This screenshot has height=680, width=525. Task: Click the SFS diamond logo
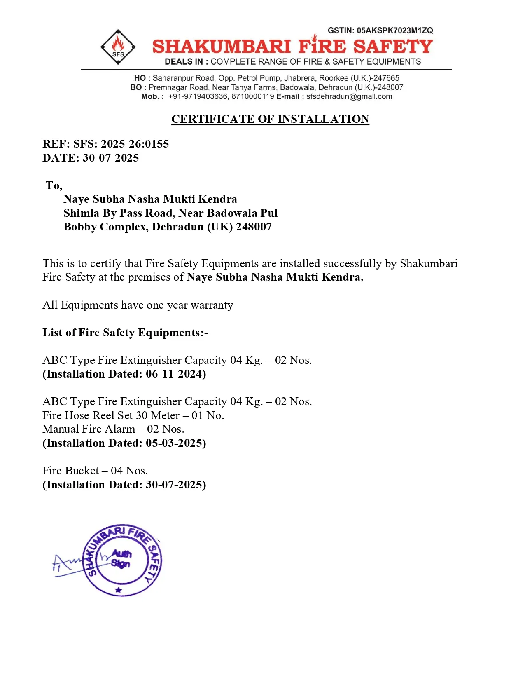click(x=118, y=47)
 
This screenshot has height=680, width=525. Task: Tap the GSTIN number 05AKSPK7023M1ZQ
click(x=395, y=30)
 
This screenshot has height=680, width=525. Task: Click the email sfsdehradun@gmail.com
click(x=349, y=96)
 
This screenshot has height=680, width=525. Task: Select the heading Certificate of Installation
click(x=270, y=119)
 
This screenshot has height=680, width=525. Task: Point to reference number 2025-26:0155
click(x=135, y=144)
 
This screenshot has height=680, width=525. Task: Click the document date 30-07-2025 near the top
click(x=111, y=158)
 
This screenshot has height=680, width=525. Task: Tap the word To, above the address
click(x=54, y=185)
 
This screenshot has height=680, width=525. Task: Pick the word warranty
click(x=212, y=305)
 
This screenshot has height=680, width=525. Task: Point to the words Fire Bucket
click(x=70, y=471)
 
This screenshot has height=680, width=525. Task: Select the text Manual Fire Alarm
click(x=89, y=429)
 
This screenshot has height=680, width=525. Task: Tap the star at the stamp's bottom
click(x=119, y=590)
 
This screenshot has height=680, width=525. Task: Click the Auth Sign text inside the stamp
click(x=121, y=559)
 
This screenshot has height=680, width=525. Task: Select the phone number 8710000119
click(x=253, y=96)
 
